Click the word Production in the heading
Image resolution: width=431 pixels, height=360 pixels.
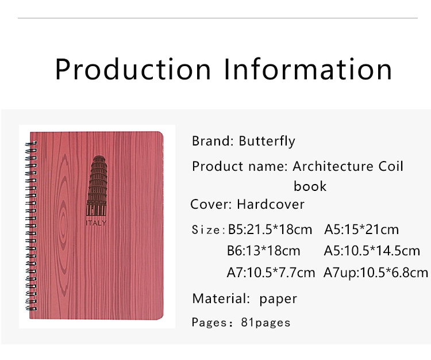click(x=133, y=69)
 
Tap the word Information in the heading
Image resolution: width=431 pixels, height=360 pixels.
click(x=308, y=69)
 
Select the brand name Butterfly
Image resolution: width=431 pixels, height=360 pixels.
click(x=267, y=141)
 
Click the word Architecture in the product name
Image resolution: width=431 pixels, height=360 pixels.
click(x=333, y=166)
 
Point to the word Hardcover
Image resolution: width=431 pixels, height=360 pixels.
click(x=271, y=204)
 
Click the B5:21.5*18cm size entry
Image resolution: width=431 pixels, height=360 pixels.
click(x=270, y=229)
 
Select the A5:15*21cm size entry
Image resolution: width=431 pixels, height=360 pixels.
click(x=361, y=229)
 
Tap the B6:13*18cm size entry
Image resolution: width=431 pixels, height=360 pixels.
click(x=263, y=251)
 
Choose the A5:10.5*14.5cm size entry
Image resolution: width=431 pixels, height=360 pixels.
click(x=372, y=251)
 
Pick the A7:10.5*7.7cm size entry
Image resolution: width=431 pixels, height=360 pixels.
click(x=271, y=273)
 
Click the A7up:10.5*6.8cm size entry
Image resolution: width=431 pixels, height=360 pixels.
click(x=376, y=273)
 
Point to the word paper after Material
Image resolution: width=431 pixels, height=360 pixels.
click(x=278, y=299)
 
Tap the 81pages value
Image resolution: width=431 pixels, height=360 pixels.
click(x=265, y=323)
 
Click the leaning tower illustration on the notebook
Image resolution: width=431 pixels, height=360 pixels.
click(x=97, y=186)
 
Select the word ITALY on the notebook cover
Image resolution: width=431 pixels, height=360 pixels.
click(x=96, y=223)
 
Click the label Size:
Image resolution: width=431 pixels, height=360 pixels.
click(x=209, y=229)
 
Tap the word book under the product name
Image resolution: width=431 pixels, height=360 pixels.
click(x=310, y=186)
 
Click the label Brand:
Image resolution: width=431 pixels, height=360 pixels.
click(x=213, y=141)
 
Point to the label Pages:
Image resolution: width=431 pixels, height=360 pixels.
click(x=213, y=323)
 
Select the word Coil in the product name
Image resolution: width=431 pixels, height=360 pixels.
click(x=391, y=166)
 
